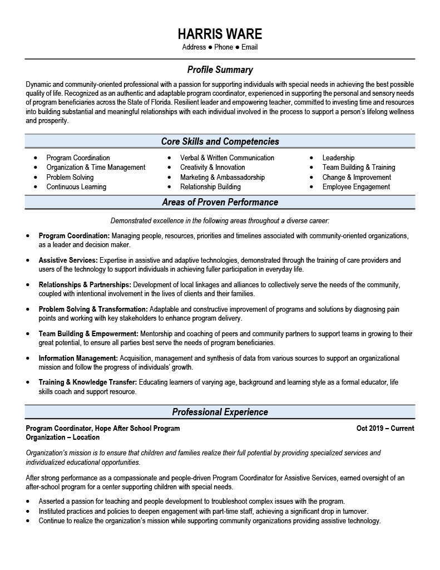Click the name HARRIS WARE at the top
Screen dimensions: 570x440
tap(220, 33)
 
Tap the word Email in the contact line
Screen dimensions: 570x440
tap(249, 47)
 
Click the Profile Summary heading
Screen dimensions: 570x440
tap(220, 70)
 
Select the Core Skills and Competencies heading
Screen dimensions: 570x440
tap(220, 141)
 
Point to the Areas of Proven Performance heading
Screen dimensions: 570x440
tap(220, 202)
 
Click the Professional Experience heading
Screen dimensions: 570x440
tap(220, 412)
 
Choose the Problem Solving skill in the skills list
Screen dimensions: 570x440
tap(70, 177)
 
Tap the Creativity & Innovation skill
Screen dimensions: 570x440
tap(212, 167)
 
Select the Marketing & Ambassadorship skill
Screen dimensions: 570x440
tap(223, 177)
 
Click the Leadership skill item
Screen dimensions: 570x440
tap(338, 158)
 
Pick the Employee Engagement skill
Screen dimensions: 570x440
tap(356, 187)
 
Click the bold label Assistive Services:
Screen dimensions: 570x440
tap(68, 260)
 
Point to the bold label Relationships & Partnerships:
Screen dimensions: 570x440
tap(85, 284)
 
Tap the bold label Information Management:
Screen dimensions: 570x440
tap(78, 358)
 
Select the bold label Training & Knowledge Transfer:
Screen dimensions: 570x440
tap(87, 382)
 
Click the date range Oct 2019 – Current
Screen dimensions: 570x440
tap(385, 429)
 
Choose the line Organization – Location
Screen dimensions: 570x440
tap(63, 438)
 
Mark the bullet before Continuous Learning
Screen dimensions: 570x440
tap(36, 187)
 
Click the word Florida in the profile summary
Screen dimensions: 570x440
tap(161, 102)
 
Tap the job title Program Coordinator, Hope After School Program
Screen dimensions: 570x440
tap(103, 429)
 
